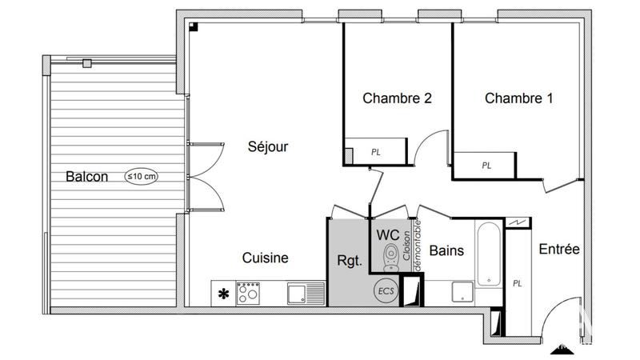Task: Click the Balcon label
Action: [87, 177]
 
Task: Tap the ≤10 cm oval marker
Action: [141, 176]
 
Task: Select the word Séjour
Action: [267, 147]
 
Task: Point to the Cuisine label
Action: [266, 258]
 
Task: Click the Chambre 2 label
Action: [397, 99]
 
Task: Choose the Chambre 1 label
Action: [518, 99]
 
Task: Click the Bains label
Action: [446, 251]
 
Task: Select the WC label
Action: [388, 235]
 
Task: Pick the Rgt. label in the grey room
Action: [350, 261]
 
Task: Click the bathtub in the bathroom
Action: [489, 254]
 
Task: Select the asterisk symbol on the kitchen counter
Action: [223, 294]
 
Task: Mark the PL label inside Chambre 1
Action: [486, 166]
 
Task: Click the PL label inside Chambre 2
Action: [375, 151]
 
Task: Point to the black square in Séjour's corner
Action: [194, 26]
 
